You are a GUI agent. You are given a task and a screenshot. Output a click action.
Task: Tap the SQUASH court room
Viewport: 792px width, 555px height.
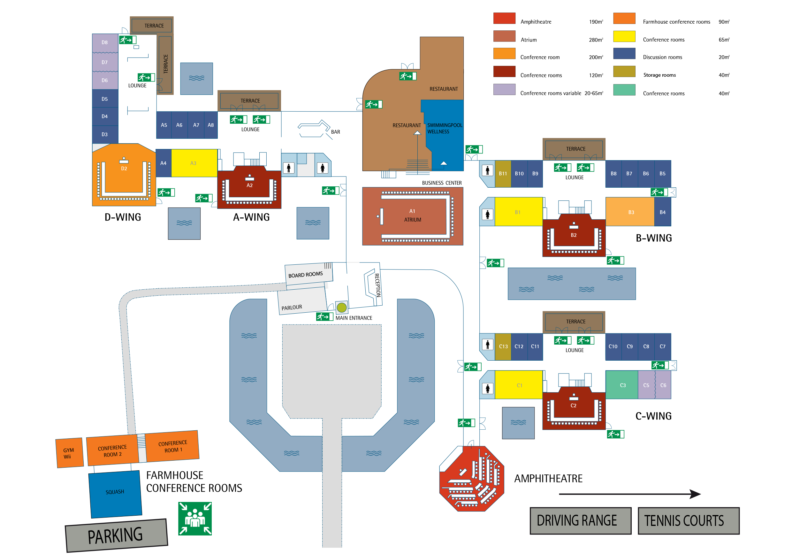tap(115, 494)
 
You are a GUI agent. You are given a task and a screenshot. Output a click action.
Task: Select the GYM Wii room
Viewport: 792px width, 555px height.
tap(69, 453)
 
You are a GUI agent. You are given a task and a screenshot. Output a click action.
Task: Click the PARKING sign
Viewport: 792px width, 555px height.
tap(116, 535)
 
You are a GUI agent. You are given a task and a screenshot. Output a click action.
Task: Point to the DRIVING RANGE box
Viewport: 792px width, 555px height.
tap(581, 520)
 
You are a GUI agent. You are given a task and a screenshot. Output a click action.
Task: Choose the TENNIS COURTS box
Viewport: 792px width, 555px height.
tap(689, 520)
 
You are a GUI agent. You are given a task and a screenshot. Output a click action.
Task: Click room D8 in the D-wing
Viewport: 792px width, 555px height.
tap(105, 43)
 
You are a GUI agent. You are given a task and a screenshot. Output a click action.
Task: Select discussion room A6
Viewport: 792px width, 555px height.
tap(179, 125)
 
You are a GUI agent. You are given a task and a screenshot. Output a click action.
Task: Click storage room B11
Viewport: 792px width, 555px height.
tap(503, 174)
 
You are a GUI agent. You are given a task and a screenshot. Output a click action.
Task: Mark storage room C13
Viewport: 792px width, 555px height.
tap(503, 347)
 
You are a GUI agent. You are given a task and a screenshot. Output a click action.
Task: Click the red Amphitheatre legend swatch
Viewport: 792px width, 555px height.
tap(504, 18)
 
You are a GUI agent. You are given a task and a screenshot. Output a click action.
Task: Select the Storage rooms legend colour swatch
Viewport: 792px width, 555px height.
tap(624, 72)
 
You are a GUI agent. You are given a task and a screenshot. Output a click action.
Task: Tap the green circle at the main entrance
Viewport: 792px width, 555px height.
tap(341, 307)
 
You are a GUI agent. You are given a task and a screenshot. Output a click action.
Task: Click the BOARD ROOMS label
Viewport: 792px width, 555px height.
tap(306, 275)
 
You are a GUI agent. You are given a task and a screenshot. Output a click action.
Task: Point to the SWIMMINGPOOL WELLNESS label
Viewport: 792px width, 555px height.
tap(445, 128)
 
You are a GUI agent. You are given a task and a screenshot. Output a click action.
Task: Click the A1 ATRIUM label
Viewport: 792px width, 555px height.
tap(413, 215)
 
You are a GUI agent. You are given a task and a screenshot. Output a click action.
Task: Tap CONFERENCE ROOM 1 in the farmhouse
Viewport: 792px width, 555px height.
tap(172, 446)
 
